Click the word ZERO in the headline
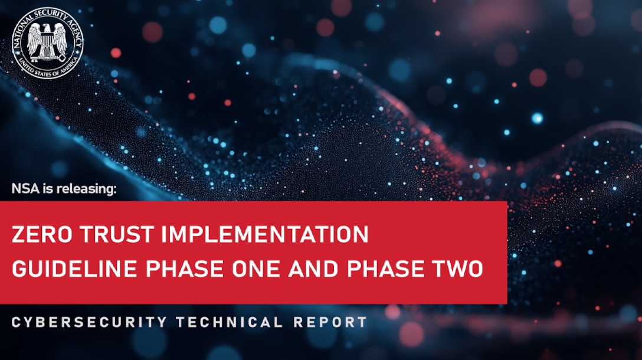[36, 234]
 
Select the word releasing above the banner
[89, 189]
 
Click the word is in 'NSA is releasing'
[47, 189]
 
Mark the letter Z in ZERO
[18, 234]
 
